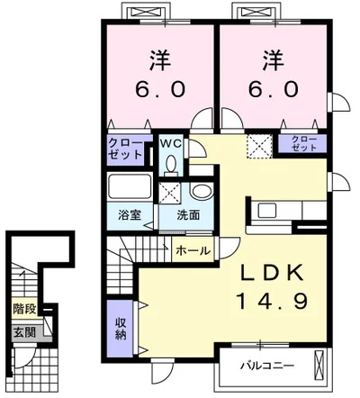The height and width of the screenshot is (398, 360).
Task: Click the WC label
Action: click(170, 143)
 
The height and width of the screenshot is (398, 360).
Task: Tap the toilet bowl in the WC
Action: click(171, 165)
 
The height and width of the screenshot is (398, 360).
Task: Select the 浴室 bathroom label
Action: click(130, 215)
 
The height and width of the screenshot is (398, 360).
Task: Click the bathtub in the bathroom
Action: click(130, 185)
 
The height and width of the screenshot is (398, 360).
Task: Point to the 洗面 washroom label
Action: click(188, 215)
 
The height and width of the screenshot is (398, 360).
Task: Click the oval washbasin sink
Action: click(202, 191)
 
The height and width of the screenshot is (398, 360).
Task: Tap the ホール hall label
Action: click(193, 250)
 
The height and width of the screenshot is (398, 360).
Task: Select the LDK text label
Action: click(272, 273)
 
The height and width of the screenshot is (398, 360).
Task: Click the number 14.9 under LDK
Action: click(273, 301)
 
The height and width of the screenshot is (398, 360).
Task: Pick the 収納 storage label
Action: click(120, 329)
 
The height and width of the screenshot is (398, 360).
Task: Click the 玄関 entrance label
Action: click(24, 332)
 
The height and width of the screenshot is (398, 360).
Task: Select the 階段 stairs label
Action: click(24, 308)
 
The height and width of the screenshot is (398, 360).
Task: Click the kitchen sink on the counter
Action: click(267, 211)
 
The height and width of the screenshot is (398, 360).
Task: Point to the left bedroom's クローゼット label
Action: click(125, 149)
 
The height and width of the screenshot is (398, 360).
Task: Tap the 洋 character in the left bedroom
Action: click(160, 61)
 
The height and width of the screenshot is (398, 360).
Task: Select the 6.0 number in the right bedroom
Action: click(274, 89)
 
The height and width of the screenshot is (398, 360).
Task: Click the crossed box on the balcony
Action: click(318, 365)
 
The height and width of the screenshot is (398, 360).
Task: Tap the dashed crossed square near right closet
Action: click(259, 146)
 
